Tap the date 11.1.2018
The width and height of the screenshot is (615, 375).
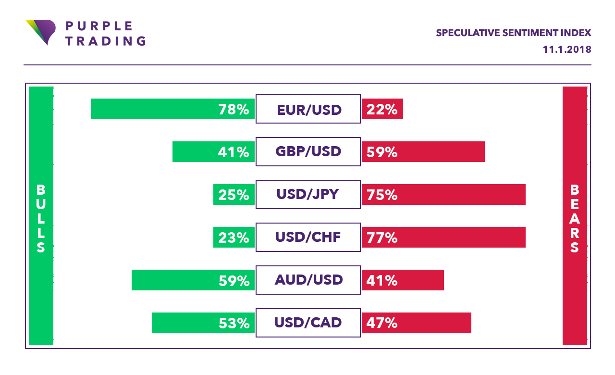(566, 50)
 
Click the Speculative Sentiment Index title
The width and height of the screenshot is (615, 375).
(513, 33)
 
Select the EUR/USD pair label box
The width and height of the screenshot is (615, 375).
(308, 109)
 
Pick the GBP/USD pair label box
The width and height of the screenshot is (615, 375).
(308, 152)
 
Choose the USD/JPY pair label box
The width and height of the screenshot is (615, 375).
(308, 195)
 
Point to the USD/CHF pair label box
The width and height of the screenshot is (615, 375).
(308, 237)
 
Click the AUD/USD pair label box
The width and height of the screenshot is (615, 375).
(308, 280)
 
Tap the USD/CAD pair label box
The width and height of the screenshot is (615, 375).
(308, 323)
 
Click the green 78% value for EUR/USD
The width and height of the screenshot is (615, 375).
(234, 110)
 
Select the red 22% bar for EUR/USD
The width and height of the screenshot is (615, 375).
(382, 109)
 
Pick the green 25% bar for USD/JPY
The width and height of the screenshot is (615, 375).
(234, 195)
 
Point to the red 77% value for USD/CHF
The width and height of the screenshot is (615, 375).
(382, 237)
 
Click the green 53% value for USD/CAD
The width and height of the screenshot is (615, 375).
(234, 323)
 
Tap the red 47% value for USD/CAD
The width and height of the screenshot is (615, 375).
(382, 323)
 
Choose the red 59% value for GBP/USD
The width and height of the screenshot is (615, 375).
(382, 152)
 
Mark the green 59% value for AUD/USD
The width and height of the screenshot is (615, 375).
(234, 280)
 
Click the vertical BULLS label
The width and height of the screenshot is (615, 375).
(41, 219)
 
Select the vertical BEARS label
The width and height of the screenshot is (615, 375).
(575, 219)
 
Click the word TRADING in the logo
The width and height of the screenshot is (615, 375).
(106, 40)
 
